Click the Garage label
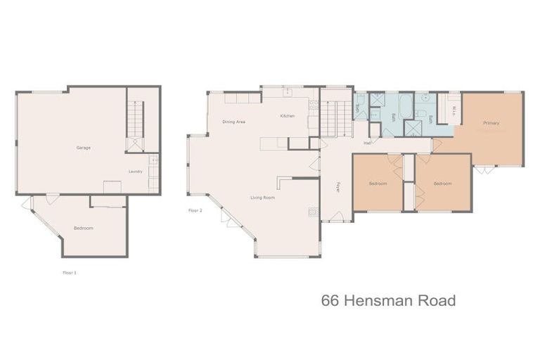(84, 148)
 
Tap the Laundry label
(136, 172)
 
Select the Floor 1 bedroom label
(84, 229)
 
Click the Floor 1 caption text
(70, 273)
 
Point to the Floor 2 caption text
(195, 210)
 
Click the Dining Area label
(233, 122)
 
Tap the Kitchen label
(287, 116)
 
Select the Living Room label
(262, 198)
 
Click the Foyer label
(337, 188)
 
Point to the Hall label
(367, 143)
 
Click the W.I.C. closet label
(454, 111)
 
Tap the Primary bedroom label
(491, 123)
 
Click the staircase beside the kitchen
(335, 118)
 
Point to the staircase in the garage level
(134, 120)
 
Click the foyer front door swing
(337, 217)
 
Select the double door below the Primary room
(483, 169)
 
